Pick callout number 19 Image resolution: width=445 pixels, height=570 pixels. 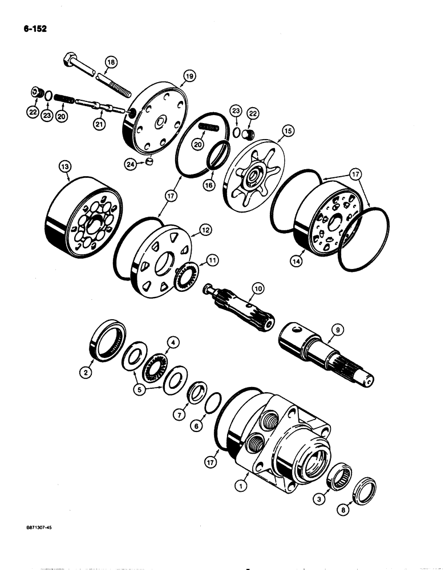click(x=189, y=76)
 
